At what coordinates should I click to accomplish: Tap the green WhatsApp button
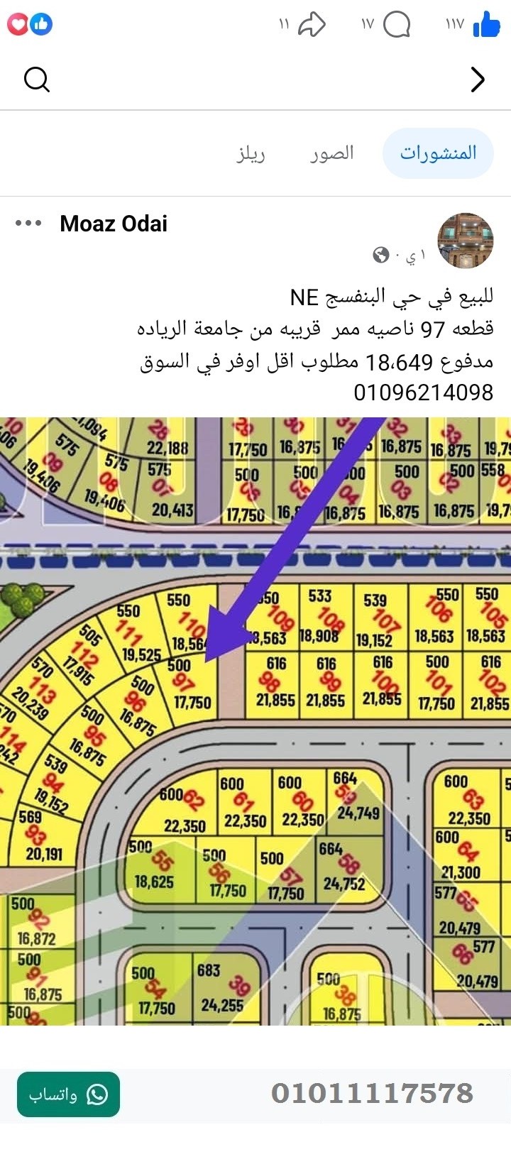[68, 1094]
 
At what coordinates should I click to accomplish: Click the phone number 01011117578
[372, 1093]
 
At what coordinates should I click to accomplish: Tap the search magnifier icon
[36, 79]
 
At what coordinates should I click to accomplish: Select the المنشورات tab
[438, 153]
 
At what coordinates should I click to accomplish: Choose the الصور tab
[331, 153]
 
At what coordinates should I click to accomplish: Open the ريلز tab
[251, 153]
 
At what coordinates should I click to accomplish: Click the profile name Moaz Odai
[114, 224]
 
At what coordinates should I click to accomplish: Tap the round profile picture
[465, 241]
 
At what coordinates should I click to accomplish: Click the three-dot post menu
[28, 224]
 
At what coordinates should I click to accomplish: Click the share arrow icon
[311, 26]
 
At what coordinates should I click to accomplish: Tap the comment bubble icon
[397, 26]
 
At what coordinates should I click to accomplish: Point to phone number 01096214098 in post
[423, 392]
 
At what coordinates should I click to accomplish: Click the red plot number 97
[182, 683]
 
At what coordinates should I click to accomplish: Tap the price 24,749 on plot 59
[358, 813]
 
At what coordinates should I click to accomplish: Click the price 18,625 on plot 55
[154, 882]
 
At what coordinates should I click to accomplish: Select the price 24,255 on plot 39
[221, 1005]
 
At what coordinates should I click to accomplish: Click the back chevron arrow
[478, 79]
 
